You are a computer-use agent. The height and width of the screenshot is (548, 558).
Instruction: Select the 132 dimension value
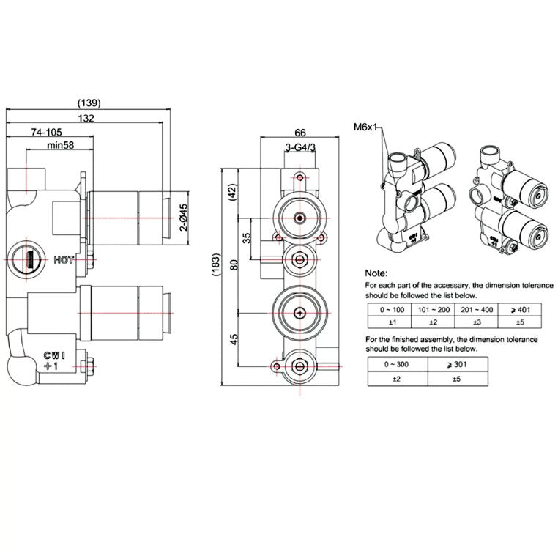click(86, 117)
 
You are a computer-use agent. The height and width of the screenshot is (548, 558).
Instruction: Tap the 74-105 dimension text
click(47, 132)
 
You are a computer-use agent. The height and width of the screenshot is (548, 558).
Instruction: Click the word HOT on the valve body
click(64, 259)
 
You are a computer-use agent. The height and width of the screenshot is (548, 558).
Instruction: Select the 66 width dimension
click(300, 133)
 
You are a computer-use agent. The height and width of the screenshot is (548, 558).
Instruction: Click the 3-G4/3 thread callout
click(300, 148)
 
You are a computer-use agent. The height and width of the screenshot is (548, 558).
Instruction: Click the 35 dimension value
click(247, 238)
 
